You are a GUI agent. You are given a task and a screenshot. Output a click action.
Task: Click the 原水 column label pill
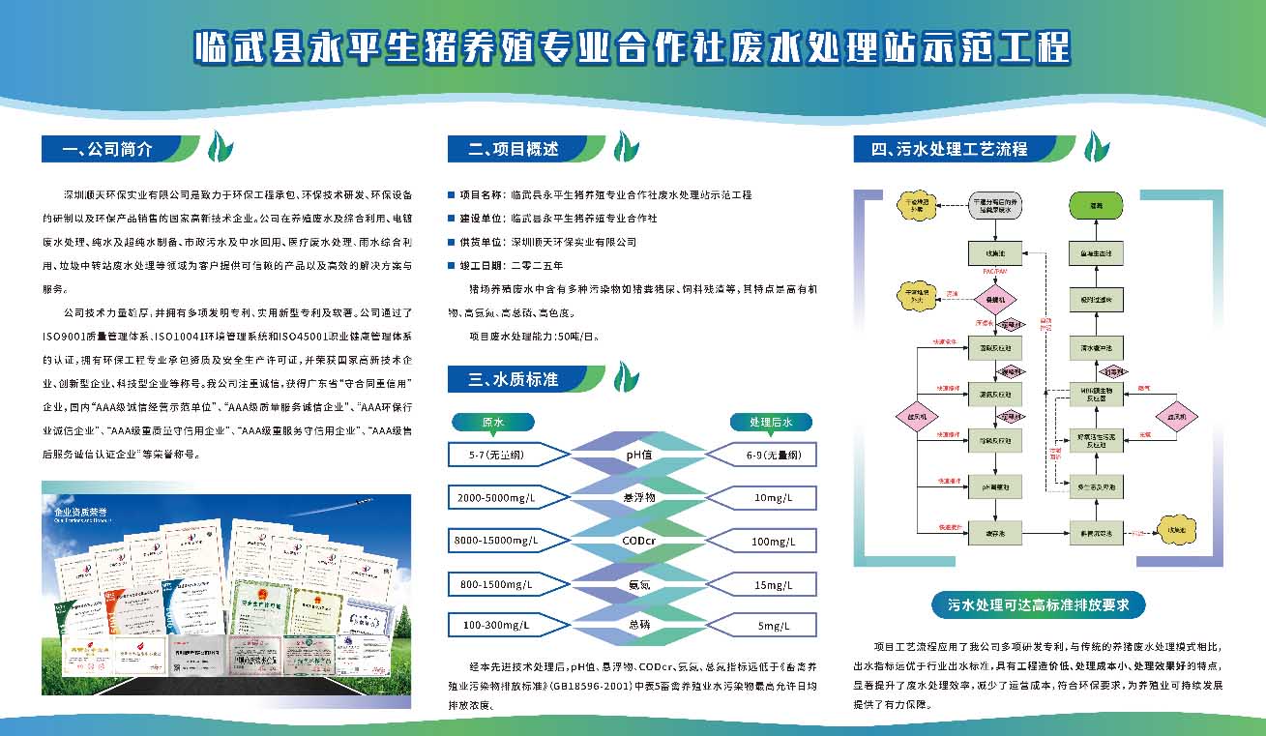click(493, 422)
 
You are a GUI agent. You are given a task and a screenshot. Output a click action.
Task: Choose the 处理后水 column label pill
click(771, 422)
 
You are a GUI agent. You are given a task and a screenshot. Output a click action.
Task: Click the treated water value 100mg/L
click(773, 540)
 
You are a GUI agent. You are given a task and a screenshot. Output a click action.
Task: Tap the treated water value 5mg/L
click(773, 625)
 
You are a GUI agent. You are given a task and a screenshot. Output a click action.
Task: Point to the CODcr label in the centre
click(640, 540)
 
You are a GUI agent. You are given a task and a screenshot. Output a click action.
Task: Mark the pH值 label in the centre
click(640, 455)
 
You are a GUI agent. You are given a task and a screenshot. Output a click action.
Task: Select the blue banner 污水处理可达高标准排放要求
click(1038, 605)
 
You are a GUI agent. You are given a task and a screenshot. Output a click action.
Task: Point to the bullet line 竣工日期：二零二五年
click(512, 265)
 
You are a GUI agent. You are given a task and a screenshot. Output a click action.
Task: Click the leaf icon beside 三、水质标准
click(627, 377)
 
